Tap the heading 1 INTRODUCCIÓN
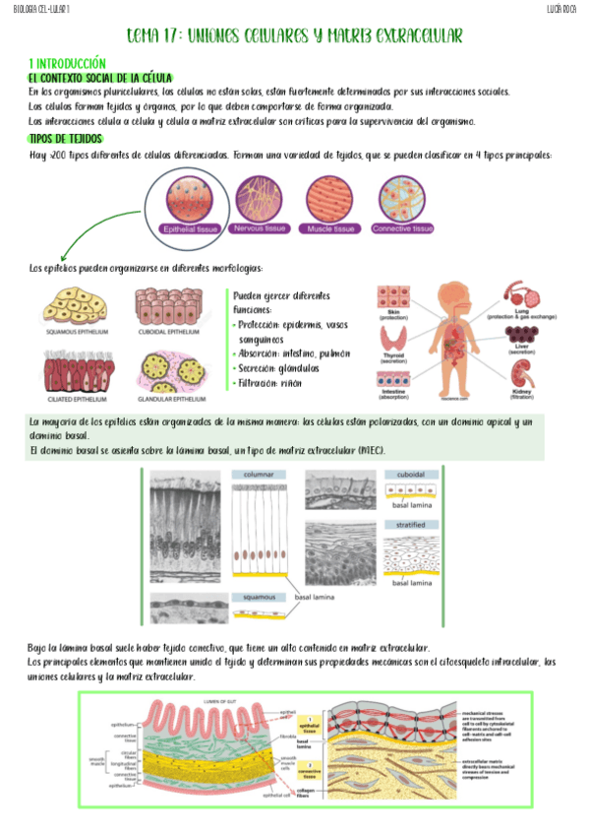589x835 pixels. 67,61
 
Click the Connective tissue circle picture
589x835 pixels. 402,196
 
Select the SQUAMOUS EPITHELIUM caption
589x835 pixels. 76,332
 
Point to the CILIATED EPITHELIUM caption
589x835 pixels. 75,400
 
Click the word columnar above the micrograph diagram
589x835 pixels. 259,474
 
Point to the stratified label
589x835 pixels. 409,525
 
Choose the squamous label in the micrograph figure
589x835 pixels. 254,598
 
